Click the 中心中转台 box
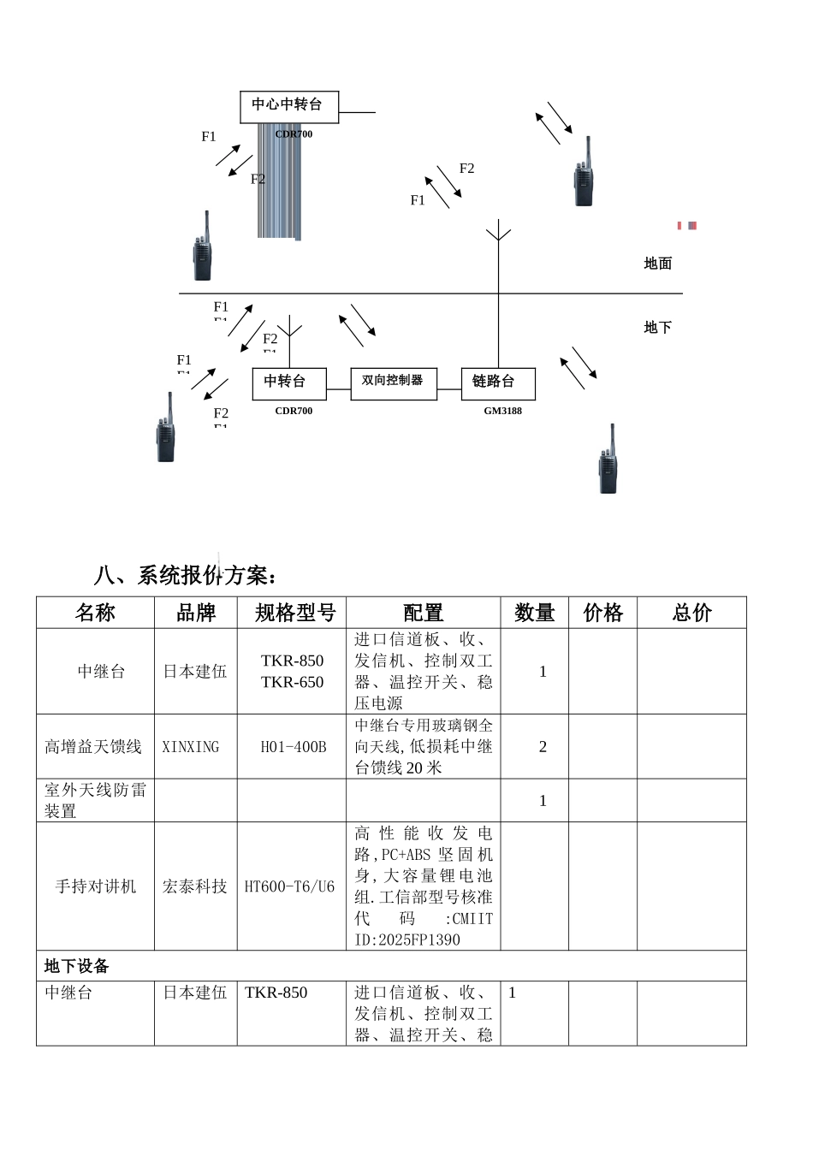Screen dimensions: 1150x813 click(x=288, y=106)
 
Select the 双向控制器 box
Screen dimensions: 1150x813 click(x=393, y=382)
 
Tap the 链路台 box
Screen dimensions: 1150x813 click(x=498, y=383)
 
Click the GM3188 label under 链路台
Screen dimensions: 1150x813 click(x=502, y=412)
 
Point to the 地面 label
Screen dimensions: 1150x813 click(x=657, y=264)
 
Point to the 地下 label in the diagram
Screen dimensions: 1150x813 click(x=657, y=328)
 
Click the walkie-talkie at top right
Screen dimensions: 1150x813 click(x=584, y=175)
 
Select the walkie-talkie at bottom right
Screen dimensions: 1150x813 click(x=608, y=462)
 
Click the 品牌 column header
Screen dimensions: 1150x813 click(x=195, y=613)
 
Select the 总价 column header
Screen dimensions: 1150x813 click(x=691, y=613)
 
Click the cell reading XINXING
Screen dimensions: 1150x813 click(x=191, y=747)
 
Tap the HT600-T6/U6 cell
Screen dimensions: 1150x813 click(x=290, y=886)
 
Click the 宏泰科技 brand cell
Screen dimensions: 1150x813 click(x=195, y=886)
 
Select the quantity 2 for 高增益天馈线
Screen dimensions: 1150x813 click(x=543, y=747)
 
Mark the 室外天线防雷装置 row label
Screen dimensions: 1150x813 click(x=95, y=800)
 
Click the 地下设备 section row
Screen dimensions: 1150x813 click(x=77, y=966)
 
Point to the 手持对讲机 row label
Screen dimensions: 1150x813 click(x=95, y=886)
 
